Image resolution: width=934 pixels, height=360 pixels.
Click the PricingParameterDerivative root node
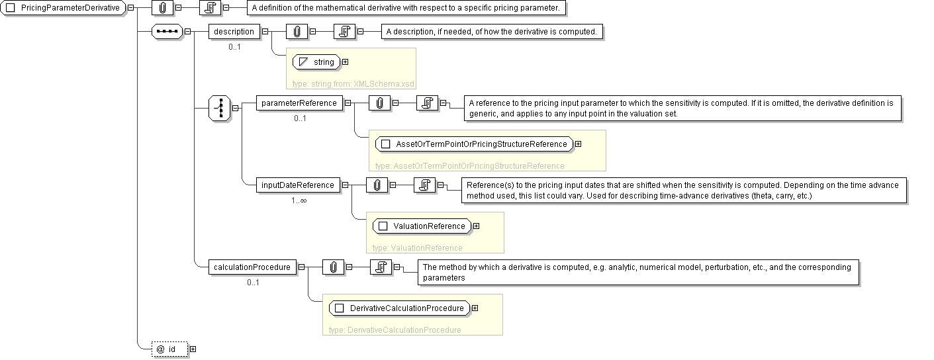tap(64, 8)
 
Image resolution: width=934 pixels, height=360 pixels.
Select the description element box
tap(234, 31)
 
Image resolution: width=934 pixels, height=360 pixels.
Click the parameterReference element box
tap(299, 103)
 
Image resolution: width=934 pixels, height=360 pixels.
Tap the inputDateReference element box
tap(297, 185)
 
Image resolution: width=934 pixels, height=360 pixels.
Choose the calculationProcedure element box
tap(252, 267)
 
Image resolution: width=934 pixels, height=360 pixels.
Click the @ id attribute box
tap(169, 349)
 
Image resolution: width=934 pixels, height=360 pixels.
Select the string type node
tap(316, 62)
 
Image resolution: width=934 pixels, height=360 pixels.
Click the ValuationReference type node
tap(422, 226)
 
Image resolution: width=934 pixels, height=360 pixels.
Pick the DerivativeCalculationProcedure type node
tap(400, 308)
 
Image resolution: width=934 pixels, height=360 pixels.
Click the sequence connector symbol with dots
tap(167, 31)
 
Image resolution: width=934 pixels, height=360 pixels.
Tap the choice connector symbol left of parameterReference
tap(219, 108)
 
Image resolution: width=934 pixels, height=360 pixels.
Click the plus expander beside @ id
tap(193, 349)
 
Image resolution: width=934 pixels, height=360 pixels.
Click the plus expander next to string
tap(345, 62)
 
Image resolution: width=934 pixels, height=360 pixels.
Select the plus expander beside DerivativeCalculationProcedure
tap(475, 308)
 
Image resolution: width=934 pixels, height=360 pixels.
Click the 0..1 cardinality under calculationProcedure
tap(253, 283)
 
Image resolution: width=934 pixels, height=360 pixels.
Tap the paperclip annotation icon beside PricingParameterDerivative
tap(162, 8)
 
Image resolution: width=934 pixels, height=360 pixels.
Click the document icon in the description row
tap(344, 31)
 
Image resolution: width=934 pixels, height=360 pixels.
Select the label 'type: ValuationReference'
tap(418, 247)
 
